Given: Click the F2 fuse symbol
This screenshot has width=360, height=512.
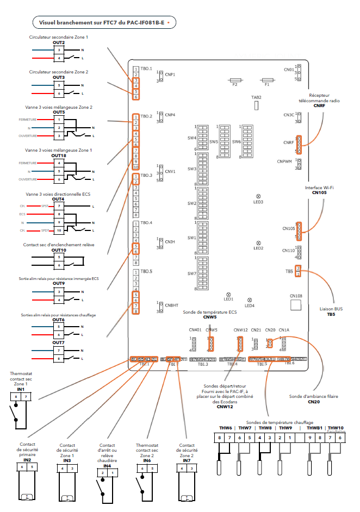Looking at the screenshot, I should pos(235,79).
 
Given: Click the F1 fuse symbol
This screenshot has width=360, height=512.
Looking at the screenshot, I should pos(267,79).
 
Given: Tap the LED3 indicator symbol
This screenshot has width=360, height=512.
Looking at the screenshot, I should pos(258,196).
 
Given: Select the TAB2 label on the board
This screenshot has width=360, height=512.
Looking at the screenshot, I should pos(256,97).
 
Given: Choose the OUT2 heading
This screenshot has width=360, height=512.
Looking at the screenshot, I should pos(59,42).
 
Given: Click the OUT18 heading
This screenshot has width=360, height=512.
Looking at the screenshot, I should pos(59,155).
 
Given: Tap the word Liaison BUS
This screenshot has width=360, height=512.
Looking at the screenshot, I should pos(331,309).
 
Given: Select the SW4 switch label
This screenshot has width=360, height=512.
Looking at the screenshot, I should pos(191,138).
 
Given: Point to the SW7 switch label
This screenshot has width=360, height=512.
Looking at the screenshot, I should pos(191,273).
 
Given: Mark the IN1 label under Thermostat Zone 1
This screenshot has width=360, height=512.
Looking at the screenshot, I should pos(21,390).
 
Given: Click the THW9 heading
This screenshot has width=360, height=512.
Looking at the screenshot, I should pos(285,428).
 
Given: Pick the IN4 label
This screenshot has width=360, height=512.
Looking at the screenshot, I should pos(108,466).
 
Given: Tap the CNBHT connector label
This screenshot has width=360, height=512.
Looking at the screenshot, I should pos(172,305).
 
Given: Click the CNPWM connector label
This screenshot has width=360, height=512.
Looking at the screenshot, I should pos(285,161).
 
